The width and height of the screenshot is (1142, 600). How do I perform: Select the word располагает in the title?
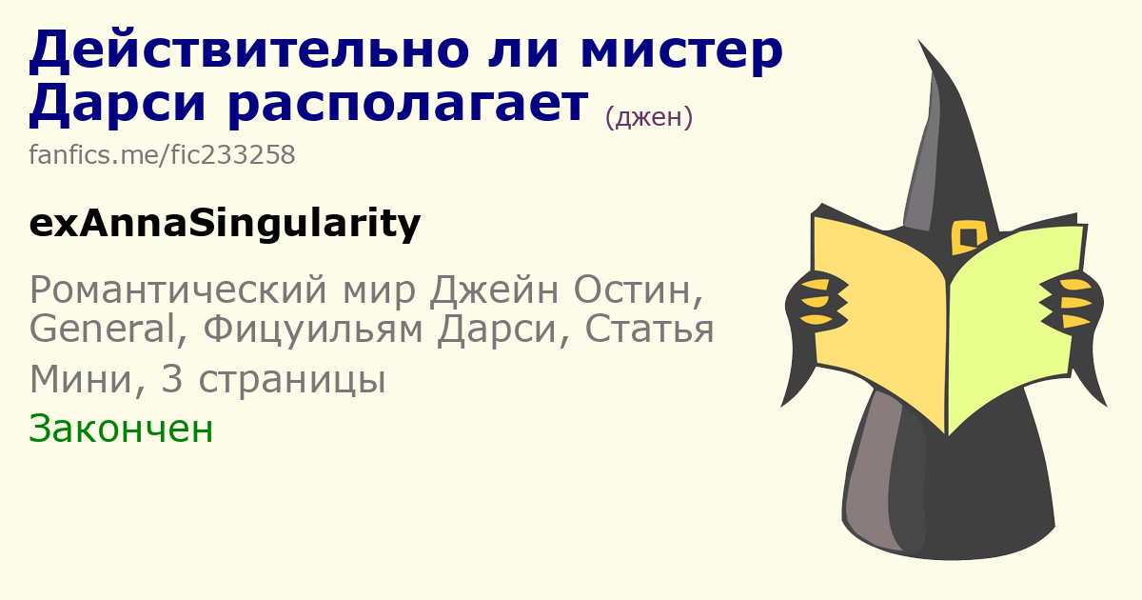click(408, 106)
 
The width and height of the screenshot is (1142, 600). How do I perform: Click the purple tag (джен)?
click(648, 117)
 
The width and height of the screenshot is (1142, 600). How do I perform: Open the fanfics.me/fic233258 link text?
click(162, 154)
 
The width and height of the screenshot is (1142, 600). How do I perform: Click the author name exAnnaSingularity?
click(225, 224)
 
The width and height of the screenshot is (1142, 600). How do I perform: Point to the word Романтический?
click(177, 290)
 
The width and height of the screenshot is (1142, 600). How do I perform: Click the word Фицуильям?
click(313, 330)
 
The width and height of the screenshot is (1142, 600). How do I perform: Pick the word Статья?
click(649, 330)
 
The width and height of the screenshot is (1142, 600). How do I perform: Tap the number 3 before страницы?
click(172, 380)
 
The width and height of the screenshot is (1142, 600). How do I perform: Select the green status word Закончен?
click(121, 430)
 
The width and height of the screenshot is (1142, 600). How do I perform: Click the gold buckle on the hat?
click(968, 237)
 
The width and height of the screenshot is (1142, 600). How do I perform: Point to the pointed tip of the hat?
click(919, 40)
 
